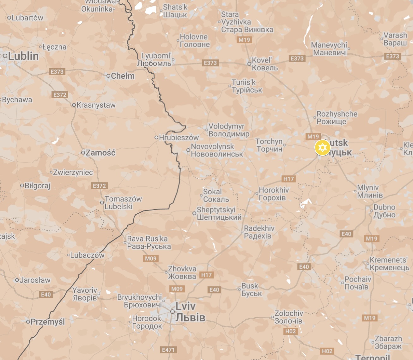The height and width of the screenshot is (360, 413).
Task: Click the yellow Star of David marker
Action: (x=322, y=148)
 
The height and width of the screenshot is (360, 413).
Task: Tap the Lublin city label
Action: (x=23, y=56)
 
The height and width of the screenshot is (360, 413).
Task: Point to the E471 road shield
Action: (x=168, y=350)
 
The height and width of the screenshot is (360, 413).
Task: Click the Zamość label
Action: (x=100, y=153)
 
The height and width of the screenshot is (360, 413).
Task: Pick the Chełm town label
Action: (x=123, y=76)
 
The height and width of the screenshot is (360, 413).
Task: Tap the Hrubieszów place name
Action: (x=179, y=137)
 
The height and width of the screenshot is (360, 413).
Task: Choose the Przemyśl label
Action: (x=48, y=322)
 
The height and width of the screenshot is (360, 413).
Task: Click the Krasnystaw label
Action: (x=96, y=105)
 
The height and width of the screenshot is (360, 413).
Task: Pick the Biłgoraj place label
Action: (x=37, y=186)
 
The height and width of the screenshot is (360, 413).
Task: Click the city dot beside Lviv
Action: (x=173, y=312)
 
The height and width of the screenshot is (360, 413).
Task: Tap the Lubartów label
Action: (x=27, y=18)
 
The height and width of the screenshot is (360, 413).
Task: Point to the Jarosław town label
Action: (x=35, y=280)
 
